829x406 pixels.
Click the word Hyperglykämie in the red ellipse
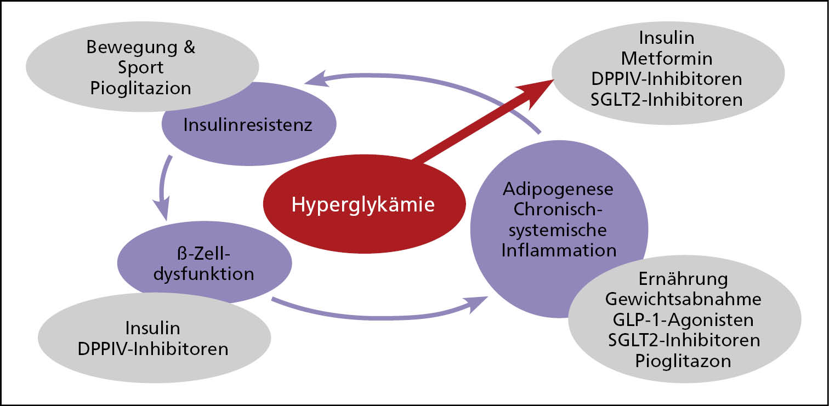[x=363, y=204]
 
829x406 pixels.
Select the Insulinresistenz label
[x=248, y=124]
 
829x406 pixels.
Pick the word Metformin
[x=667, y=58]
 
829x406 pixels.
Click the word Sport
[x=141, y=67]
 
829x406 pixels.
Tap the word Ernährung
[x=683, y=278]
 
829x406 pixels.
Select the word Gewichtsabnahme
[x=683, y=299]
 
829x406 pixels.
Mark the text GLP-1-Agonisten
[x=683, y=319]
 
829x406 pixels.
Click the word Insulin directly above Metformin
[x=667, y=37]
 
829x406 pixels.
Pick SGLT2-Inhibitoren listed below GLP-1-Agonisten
[x=684, y=340]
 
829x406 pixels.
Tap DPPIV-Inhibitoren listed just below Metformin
[x=667, y=78]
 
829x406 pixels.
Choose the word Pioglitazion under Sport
[x=141, y=88]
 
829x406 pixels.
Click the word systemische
[x=558, y=230]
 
